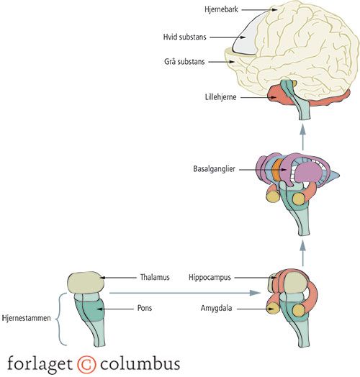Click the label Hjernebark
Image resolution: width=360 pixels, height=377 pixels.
click(221, 9)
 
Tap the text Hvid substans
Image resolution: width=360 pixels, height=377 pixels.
click(184, 37)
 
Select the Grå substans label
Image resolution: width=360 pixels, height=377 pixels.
click(184, 62)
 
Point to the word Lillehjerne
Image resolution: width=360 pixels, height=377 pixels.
click(220, 97)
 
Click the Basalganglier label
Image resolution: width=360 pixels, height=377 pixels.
click(214, 169)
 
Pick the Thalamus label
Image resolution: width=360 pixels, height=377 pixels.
click(155, 277)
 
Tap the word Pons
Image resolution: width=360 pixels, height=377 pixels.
click(145, 308)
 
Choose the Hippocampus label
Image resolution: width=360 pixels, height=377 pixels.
click(210, 277)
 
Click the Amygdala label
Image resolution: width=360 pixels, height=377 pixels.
click(216, 308)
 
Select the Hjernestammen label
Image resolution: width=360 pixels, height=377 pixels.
click(26, 318)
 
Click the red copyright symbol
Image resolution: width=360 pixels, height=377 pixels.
click(86, 364)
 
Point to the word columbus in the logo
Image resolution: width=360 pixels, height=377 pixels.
click(140, 363)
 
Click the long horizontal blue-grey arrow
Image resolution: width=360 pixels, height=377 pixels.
click(185, 293)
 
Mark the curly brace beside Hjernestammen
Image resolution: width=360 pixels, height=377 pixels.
click(61, 319)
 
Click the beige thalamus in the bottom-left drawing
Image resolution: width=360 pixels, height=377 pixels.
click(86, 283)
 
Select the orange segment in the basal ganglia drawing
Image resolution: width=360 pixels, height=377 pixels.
click(277, 169)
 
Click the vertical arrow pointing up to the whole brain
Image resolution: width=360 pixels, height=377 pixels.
click(302, 137)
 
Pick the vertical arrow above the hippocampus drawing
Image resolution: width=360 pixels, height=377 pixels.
click(302, 253)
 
